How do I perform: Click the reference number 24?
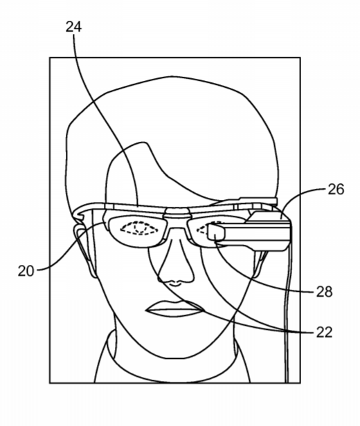73,27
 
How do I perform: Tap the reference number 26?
336,189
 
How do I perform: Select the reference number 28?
325,292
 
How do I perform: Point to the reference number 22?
325,332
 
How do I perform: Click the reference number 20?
26,271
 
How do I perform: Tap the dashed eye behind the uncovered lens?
139,228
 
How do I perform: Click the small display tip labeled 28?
216,232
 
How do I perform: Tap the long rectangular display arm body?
255,234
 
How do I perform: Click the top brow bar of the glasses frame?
174,207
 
